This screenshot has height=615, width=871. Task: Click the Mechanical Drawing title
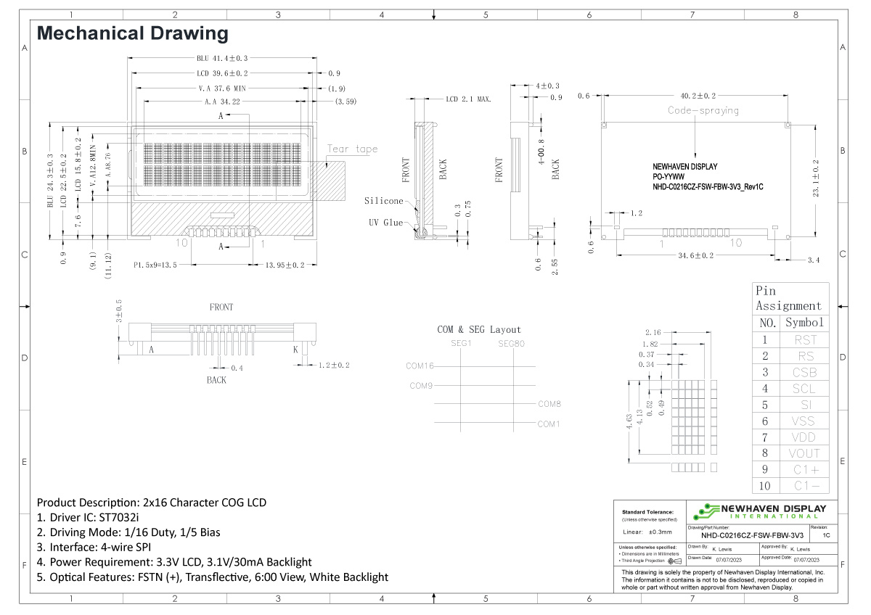132,33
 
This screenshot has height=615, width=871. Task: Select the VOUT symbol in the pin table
803,453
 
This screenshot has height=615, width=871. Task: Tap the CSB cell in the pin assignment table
803,372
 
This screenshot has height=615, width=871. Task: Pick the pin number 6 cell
764,421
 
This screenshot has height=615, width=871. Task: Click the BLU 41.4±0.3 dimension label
222,58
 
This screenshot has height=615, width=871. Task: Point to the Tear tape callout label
352,149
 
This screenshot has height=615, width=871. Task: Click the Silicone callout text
383,201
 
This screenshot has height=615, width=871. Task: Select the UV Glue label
384,223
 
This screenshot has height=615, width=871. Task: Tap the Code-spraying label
703,111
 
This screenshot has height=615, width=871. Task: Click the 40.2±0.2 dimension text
698,95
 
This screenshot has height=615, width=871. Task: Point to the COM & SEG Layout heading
479,329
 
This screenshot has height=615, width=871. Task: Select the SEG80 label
511,343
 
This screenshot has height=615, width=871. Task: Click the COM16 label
420,366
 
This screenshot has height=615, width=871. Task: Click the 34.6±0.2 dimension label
695,255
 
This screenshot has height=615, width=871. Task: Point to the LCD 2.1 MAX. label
468,99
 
